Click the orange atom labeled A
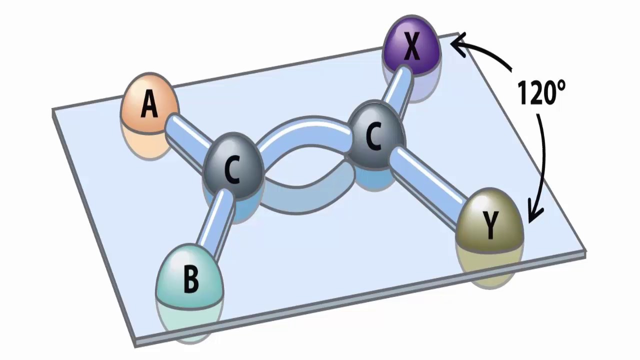(149, 103)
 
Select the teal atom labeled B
(189, 276)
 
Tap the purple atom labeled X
(412, 45)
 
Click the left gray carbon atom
(233, 165)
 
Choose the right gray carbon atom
(376, 135)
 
